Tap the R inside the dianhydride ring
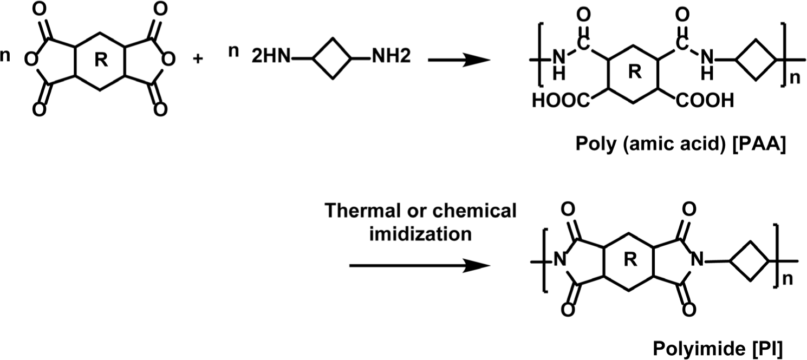100,61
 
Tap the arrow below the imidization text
419,265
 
